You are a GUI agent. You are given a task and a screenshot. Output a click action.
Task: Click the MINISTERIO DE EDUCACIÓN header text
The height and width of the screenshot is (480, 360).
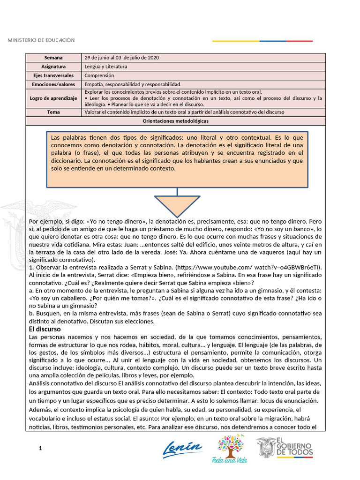(41, 40)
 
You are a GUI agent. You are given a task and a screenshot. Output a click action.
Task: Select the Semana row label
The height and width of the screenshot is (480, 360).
(53, 58)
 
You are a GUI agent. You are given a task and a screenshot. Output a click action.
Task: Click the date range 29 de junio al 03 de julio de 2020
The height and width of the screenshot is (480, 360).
(121, 58)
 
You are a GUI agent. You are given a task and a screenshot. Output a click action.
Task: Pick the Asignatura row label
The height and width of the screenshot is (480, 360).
(53, 67)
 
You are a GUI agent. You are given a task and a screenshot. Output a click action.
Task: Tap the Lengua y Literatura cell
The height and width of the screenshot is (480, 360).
(105, 67)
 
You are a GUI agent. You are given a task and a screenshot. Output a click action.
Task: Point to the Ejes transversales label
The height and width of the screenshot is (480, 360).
(53, 75)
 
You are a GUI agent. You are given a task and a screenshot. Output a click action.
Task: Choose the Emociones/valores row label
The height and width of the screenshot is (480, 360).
(53, 84)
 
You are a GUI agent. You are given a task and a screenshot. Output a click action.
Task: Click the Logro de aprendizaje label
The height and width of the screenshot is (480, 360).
(53, 98)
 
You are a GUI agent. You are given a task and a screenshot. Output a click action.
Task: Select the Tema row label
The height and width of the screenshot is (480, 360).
(53, 112)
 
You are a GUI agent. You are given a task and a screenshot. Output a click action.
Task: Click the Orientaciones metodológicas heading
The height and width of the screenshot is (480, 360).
(175, 121)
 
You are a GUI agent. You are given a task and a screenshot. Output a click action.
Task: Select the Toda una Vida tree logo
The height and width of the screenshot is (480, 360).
(230, 448)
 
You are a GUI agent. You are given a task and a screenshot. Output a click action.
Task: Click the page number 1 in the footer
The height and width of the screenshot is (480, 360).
(41, 449)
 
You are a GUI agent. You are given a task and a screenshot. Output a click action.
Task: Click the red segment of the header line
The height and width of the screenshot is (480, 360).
(300, 41)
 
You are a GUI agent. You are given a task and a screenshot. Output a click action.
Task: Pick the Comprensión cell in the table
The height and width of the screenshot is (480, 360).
(99, 75)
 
